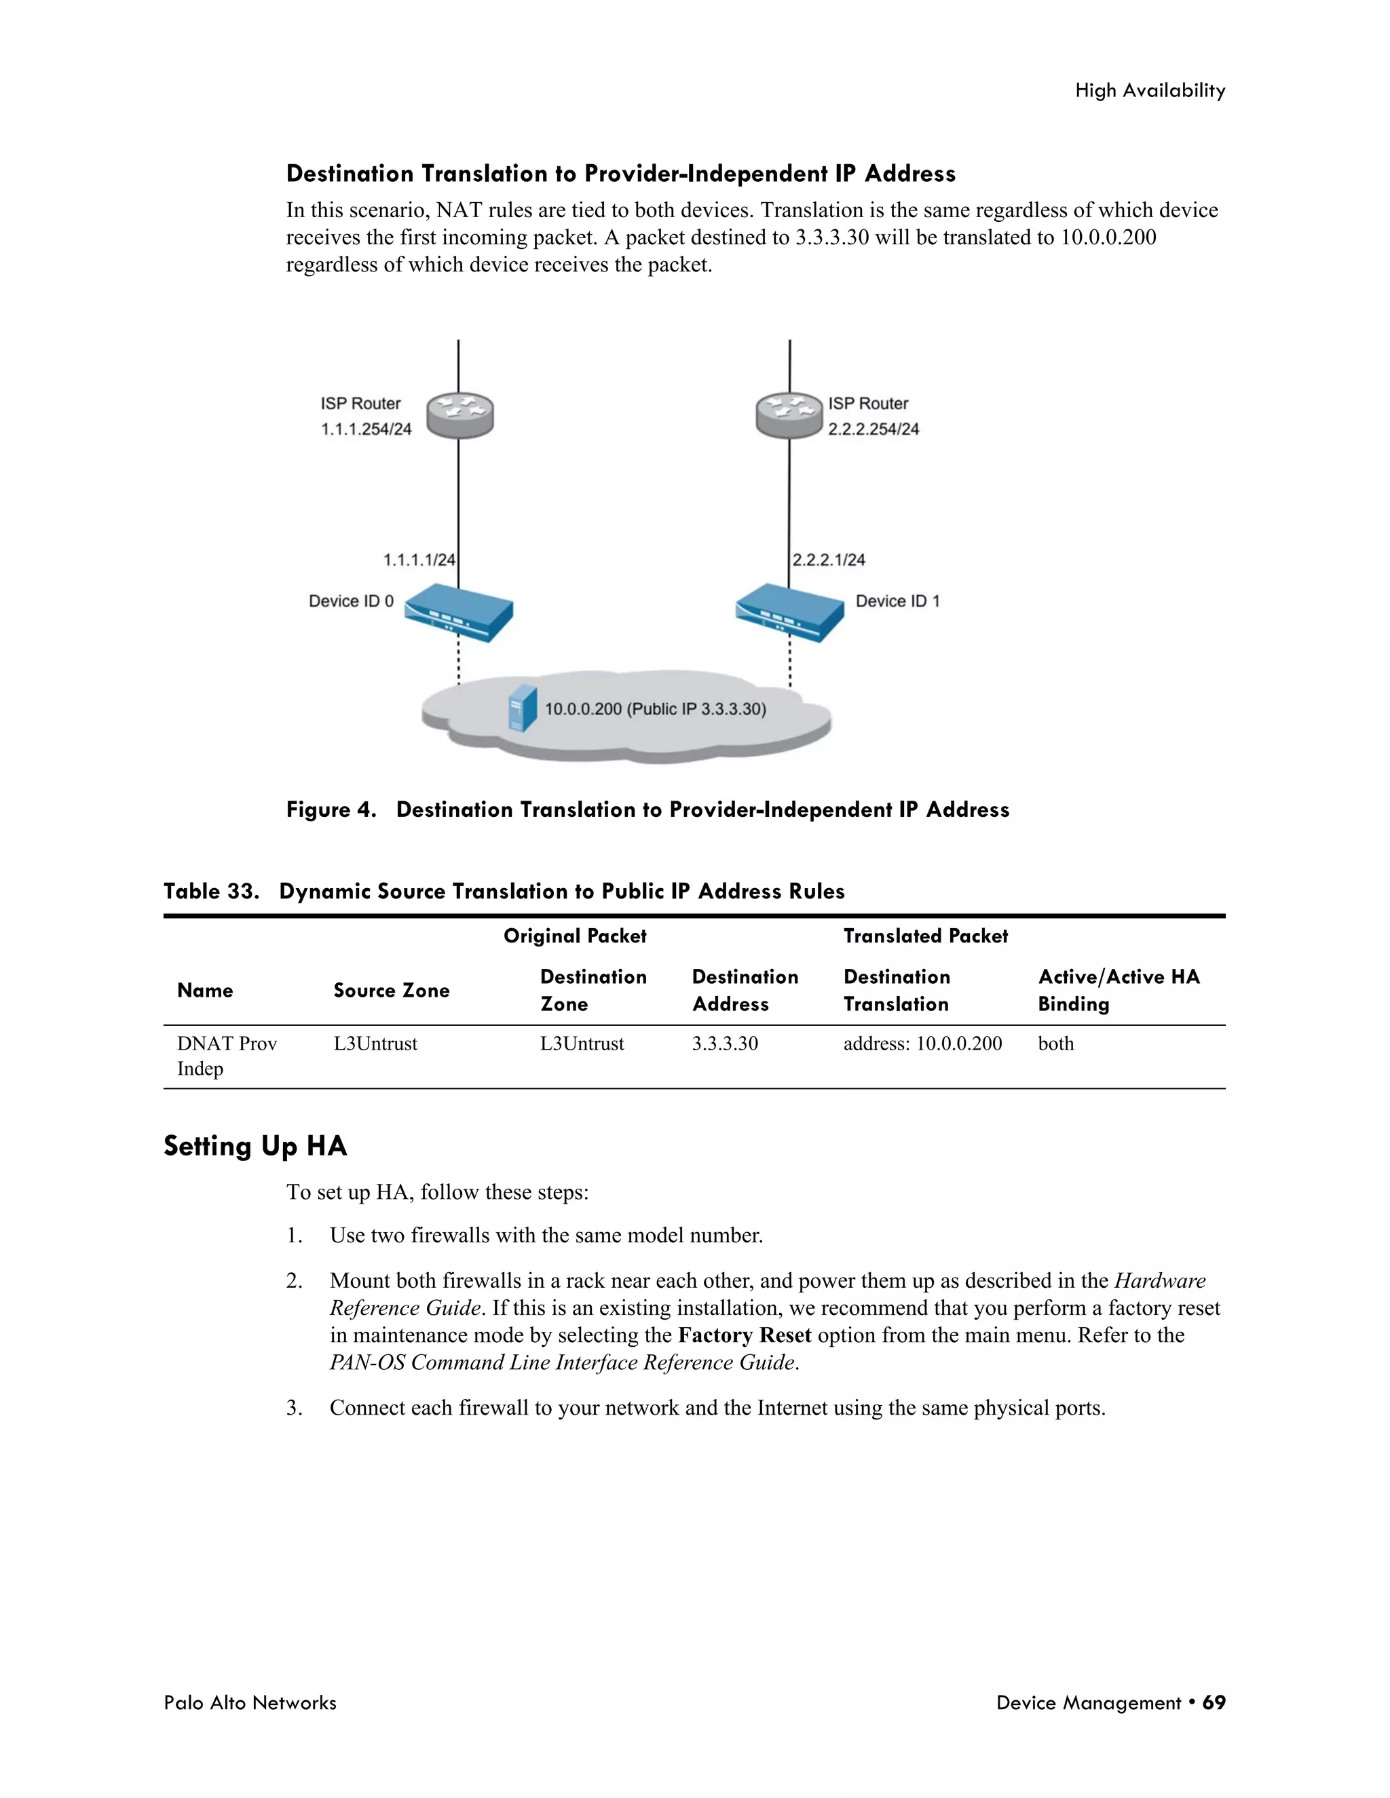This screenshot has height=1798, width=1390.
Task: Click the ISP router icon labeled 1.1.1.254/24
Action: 460,415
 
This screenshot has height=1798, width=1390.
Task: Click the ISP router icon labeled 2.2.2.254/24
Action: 789,415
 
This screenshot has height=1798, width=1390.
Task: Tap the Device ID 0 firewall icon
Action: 459,613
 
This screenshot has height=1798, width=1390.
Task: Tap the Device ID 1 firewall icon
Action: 790,613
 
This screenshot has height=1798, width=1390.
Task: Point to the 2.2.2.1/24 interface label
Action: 829,560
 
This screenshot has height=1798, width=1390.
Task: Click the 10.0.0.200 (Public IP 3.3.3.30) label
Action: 656,709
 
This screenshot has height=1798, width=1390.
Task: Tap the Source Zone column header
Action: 391,991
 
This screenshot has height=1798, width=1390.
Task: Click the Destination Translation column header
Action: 897,991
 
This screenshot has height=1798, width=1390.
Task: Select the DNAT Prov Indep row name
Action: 227,1056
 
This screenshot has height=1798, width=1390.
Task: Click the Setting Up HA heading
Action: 255,1146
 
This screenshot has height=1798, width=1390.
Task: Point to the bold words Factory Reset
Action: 745,1335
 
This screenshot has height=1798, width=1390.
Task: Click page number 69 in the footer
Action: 1214,1702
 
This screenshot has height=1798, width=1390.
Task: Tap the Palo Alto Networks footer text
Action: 250,1702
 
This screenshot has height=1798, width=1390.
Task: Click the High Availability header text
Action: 1150,90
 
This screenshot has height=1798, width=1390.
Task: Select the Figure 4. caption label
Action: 331,809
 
